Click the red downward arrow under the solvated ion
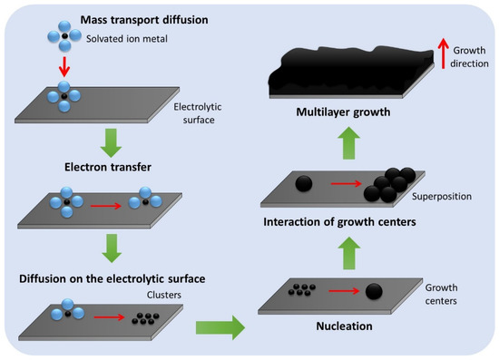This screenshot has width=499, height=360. tap(64, 67)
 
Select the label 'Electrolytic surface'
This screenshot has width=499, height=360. tap(197, 112)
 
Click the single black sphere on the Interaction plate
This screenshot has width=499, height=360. tap(306, 182)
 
